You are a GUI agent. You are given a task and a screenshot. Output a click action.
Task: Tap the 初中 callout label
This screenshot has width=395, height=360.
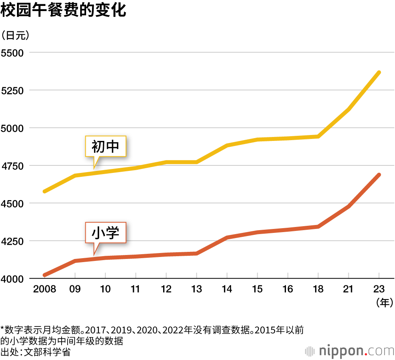click(105, 147)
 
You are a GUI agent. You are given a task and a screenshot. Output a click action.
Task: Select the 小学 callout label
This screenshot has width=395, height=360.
click(105, 232)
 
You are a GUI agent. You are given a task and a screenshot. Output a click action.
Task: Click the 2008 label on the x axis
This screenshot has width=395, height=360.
click(45, 289)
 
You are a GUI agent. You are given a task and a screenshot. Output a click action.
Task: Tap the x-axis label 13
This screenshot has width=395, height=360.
click(196, 289)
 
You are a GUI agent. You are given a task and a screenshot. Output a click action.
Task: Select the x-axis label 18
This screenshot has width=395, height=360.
click(318, 289)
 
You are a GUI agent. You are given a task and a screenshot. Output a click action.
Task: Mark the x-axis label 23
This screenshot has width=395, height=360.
click(379, 289)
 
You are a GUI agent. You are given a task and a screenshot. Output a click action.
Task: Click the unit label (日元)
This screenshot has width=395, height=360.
click(15, 36)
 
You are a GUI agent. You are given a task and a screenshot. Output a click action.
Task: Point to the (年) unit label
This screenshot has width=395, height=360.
click(384, 303)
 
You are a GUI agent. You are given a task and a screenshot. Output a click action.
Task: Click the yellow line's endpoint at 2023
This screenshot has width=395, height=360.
click(379, 73)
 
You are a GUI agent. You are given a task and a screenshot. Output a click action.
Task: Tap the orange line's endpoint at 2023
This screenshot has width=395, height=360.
click(379, 175)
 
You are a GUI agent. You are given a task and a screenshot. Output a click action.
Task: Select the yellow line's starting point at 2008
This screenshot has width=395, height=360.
click(45, 191)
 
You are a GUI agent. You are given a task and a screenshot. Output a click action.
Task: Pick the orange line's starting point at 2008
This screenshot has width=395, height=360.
click(45, 275)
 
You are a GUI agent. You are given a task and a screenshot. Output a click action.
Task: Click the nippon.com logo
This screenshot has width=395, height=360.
click(350, 351)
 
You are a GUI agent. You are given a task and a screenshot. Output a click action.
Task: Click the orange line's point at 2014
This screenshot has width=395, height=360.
click(227, 238)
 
